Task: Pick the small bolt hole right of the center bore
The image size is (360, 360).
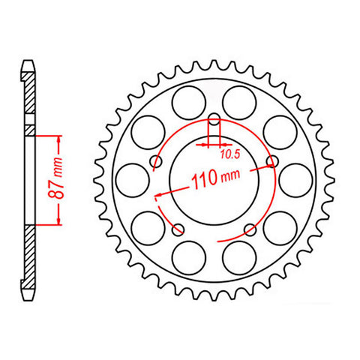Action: [x=271, y=161]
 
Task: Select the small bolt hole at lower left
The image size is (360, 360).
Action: [x=178, y=228]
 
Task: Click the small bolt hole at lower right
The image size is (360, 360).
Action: [x=249, y=228]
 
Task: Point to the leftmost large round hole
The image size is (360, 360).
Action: [x=132, y=179]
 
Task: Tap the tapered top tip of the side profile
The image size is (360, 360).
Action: [x=28, y=64]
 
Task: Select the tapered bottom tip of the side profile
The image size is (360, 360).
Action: [x=28, y=296]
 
